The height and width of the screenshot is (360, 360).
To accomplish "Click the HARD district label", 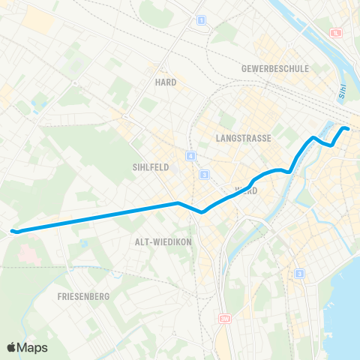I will click(166, 82).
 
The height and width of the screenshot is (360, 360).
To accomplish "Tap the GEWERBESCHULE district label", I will click(275, 68).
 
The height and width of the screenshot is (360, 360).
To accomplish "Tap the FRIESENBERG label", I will click(83, 296).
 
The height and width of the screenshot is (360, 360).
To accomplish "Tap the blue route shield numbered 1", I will click(200, 20).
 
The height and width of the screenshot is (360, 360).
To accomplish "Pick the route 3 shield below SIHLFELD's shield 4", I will click(204, 175).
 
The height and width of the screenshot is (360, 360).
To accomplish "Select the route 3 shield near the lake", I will click(299, 273).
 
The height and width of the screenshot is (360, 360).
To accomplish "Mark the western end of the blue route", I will click(13, 230).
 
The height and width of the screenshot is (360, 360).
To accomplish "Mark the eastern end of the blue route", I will click(348, 130).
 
